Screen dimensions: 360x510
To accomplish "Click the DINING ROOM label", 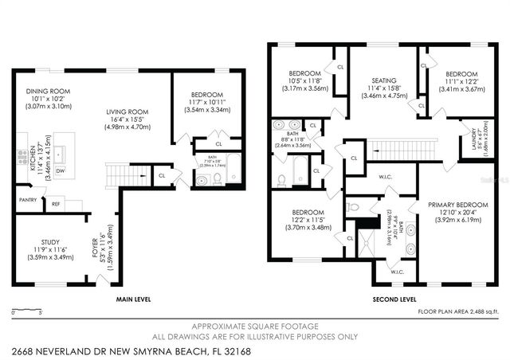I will click(49, 92).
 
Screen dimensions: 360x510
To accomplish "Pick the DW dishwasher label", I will click(61, 170).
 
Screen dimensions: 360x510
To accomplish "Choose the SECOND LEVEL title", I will click(395, 299).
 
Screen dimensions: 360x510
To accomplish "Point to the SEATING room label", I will click(384, 80).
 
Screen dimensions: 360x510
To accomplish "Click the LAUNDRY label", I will click(476, 139).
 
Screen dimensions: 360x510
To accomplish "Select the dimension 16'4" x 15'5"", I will click(127, 119).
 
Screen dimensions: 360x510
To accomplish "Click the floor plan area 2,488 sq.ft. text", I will click(458, 311).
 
